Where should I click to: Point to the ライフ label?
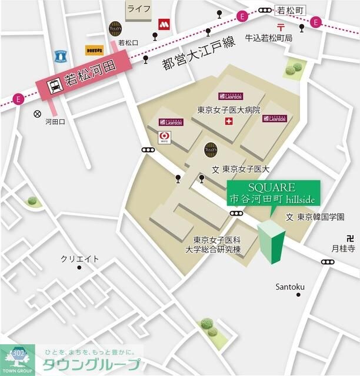(139, 8)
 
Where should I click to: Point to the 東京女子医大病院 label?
(228, 110)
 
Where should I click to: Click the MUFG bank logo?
(166, 137)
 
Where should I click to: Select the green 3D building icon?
(271, 242)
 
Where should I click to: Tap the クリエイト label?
(80, 258)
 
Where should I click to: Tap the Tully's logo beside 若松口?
(116, 28)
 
